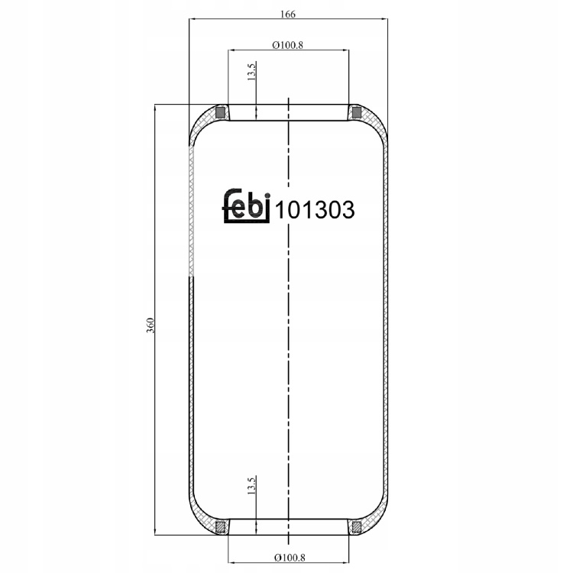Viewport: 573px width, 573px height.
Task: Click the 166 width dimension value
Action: coord(287,15)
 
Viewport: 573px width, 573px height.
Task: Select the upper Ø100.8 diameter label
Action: coord(287,45)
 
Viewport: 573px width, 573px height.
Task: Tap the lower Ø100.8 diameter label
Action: coord(290,558)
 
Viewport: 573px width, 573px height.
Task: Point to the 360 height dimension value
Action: coord(151,325)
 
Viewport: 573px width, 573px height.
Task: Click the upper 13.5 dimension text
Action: coord(251,71)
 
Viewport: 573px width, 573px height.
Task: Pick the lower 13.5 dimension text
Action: coord(251,485)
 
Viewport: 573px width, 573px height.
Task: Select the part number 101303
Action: coord(315,210)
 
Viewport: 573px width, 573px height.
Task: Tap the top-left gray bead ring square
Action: coord(220,112)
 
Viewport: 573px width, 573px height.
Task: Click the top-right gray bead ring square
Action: coord(356,112)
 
